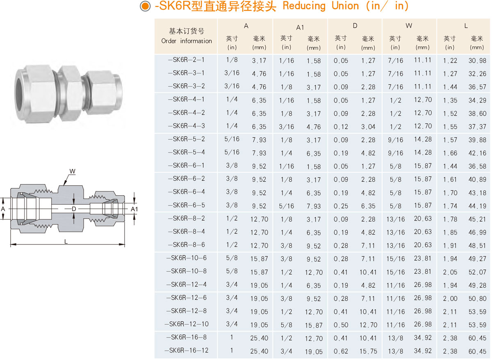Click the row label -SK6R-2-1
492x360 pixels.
click(x=186, y=60)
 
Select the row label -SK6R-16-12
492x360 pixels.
click(x=186, y=351)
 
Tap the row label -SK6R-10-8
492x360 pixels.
click(x=186, y=271)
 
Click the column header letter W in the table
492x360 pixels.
click(x=409, y=26)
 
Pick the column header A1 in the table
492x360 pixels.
click(x=300, y=27)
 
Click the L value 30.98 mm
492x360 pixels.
click(x=477, y=60)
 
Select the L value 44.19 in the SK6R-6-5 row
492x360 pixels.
click(x=477, y=206)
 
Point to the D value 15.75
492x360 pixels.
click(x=368, y=351)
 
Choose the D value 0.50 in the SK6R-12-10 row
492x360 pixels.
click(x=341, y=325)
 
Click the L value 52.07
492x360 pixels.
click(x=477, y=272)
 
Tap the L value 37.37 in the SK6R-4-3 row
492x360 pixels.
click(x=477, y=127)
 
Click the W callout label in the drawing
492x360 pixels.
click(x=72, y=171)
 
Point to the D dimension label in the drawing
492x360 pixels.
click(x=74, y=209)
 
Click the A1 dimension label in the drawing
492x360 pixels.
click(x=134, y=210)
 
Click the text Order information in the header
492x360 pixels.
click(x=187, y=41)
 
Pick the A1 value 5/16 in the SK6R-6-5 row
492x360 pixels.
click(x=287, y=206)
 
